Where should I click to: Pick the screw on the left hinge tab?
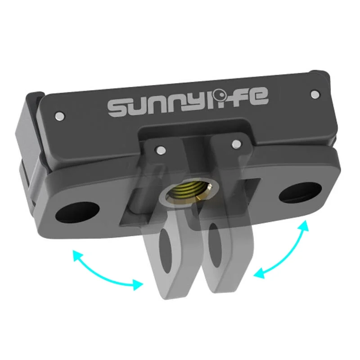tap(159, 149)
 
